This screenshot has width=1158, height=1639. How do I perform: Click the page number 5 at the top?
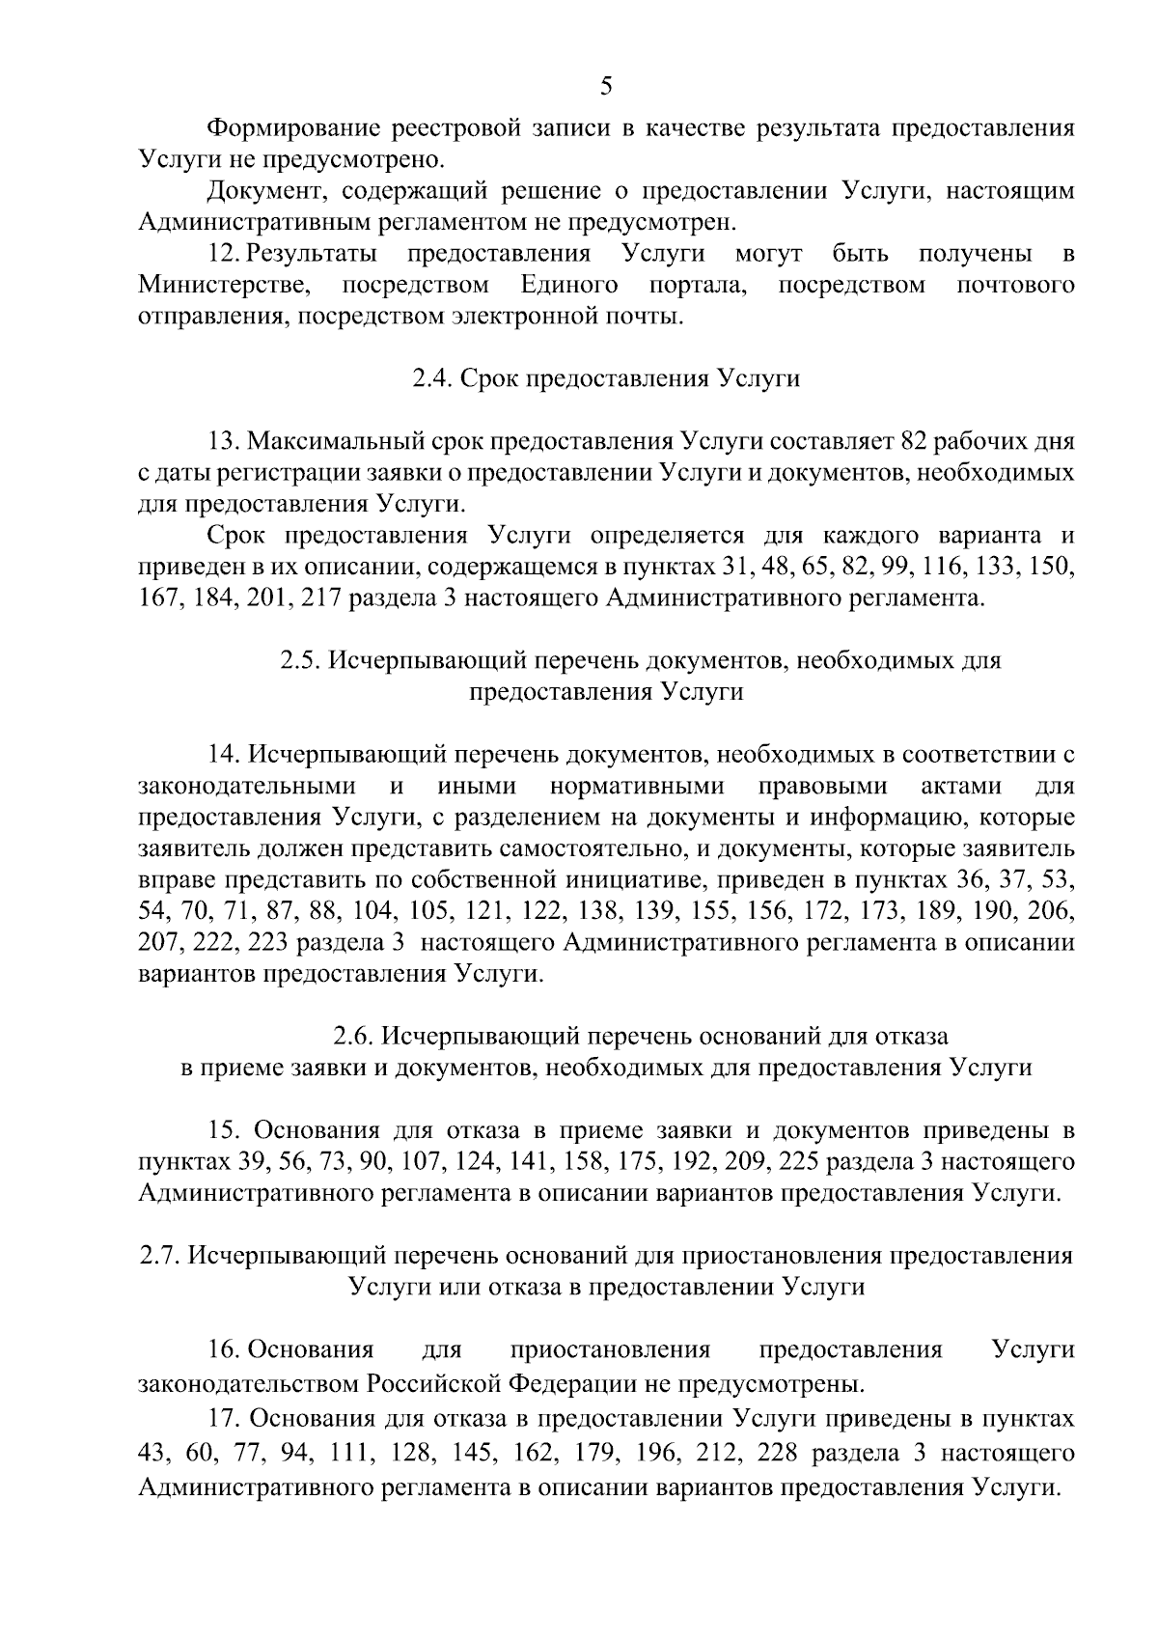(x=605, y=86)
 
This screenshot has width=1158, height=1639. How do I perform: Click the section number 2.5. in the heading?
(x=300, y=661)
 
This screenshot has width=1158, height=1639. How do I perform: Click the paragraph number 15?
(x=224, y=1130)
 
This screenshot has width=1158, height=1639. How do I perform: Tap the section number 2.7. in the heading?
(x=160, y=1256)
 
